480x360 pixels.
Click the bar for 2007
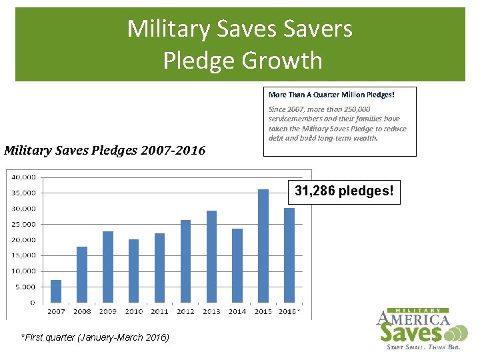[x=56, y=291]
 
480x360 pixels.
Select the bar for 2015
[x=263, y=246]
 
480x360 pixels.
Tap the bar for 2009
[x=108, y=267]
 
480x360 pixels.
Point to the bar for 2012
[x=185, y=261]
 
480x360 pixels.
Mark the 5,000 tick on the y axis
[x=26, y=287]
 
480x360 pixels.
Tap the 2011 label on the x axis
[x=159, y=311]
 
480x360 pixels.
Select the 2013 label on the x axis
[x=211, y=311]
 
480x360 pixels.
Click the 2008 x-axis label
[x=82, y=311]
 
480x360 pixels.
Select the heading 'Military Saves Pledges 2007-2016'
[x=105, y=150]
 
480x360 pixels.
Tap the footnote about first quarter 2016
[x=95, y=337]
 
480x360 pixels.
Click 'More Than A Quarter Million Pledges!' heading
[x=331, y=95]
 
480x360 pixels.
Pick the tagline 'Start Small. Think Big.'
[x=423, y=347]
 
